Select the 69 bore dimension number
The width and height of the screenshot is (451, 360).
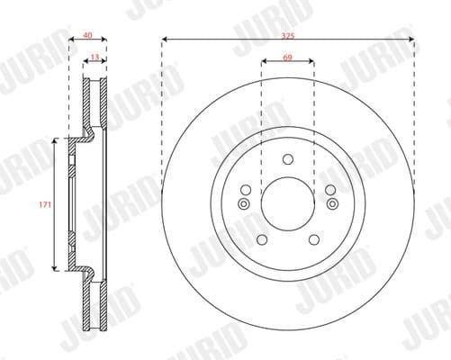click(287, 56)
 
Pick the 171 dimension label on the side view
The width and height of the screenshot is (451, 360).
click(42, 205)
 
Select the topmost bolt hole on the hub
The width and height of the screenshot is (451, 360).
click(287, 160)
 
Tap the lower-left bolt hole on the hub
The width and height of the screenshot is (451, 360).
click(261, 240)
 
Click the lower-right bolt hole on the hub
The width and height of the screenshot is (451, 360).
click(313, 240)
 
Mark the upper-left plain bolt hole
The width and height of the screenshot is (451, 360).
click(245, 190)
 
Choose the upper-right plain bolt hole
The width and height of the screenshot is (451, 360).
click(329, 190)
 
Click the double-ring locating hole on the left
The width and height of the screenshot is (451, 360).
click(244, 203)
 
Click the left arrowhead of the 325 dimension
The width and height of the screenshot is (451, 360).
click(166, 40)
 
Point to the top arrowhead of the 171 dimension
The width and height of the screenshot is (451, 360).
click(57, 142)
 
